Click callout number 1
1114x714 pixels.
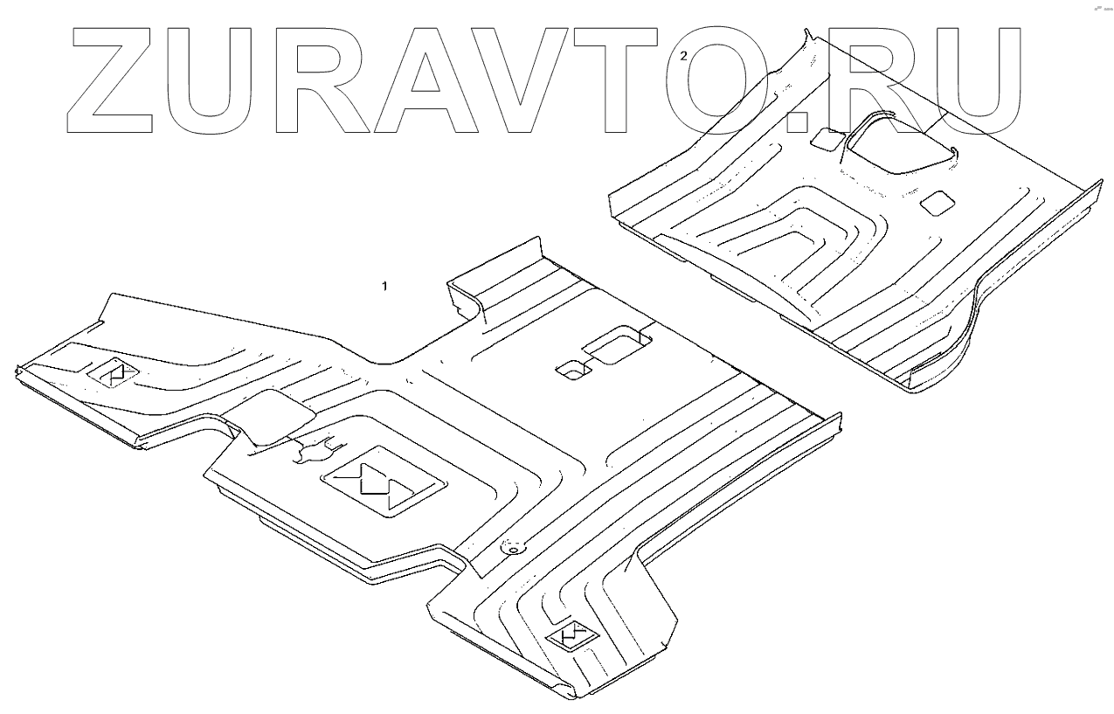(385, 286)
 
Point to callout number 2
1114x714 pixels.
(683, 55)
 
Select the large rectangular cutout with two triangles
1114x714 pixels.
(384, 484)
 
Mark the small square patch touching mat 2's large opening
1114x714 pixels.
(826, 138)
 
